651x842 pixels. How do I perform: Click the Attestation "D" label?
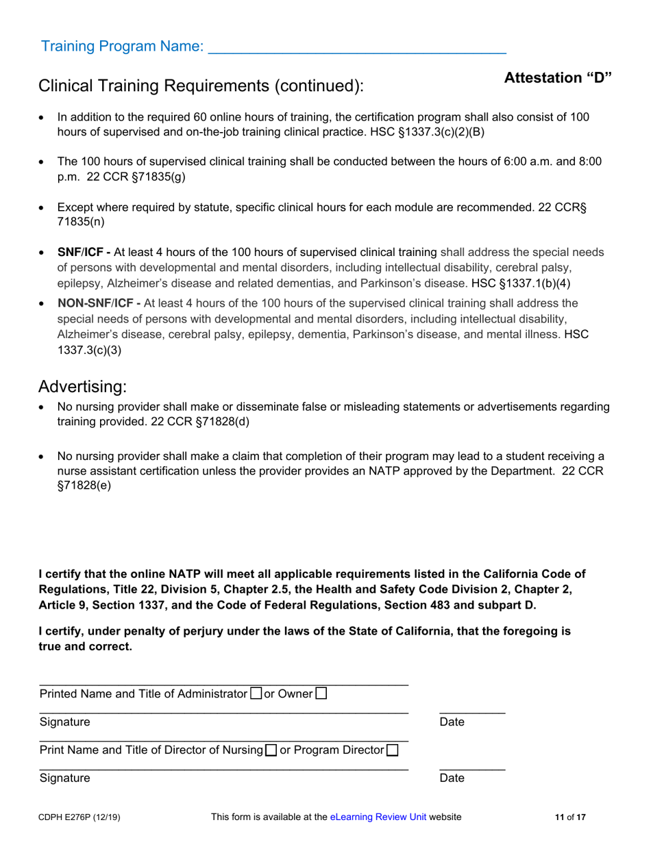pyautogui.click(x=558, y=77)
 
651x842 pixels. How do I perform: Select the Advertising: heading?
pyautogui.click(x=83, y=386)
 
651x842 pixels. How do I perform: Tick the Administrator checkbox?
pyautogui.click(x=256, y=693)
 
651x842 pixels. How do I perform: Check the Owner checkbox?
pyautogui.click(x=321, y=693)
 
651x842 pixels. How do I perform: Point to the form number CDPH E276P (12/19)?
pyautogui.click(x=80, y=817)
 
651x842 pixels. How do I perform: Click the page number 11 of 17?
pyautogui.click(x=570, y=817)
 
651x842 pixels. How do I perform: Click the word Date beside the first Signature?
pyautogui.click(x=452, y=722)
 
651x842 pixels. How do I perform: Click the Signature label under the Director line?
pyautogui.click(x=64, y=778)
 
